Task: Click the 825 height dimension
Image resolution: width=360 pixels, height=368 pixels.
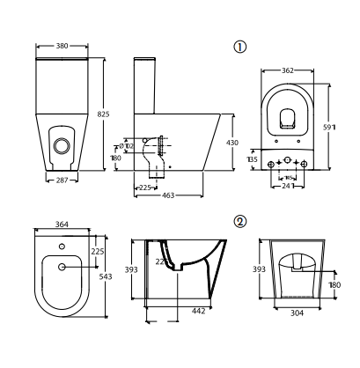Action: pos(104,114)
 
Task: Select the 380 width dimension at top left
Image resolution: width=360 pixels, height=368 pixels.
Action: pos(61,45)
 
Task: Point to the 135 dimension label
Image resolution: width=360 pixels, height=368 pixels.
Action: pos(253,161)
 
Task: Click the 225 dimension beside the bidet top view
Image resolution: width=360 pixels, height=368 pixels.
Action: pos(99,250)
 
